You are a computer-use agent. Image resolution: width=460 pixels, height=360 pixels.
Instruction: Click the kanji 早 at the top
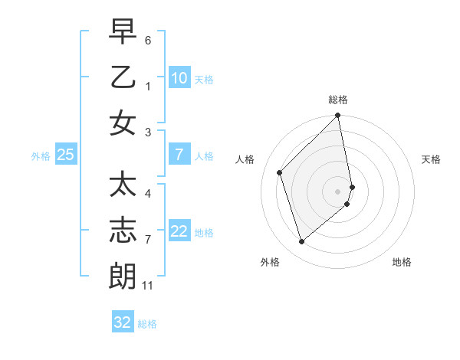(123, 32)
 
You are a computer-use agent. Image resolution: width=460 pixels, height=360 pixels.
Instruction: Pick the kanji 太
(123, 185)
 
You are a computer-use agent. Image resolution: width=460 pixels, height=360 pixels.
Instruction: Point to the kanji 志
(123, 231)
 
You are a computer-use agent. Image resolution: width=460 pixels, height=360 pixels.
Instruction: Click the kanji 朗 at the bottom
(123, 276)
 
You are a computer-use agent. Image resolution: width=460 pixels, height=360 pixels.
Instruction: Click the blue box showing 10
(179, 78)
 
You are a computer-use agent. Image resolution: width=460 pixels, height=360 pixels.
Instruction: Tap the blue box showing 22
(179, 231)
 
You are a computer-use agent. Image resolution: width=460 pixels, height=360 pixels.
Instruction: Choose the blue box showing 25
(65, 155)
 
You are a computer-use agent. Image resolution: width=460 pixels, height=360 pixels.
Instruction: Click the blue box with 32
(123, 322)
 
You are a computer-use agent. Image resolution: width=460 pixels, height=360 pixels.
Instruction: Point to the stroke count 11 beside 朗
(148, 286)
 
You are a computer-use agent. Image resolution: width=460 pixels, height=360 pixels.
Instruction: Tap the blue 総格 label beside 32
(147, 324)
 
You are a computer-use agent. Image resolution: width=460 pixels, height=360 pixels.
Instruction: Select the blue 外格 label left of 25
(41, 156)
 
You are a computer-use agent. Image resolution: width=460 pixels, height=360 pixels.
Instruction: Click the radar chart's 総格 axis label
(338, 100)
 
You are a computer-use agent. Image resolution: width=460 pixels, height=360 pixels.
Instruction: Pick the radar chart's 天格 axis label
(432, 159)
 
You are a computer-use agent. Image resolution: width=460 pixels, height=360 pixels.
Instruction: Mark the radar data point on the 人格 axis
(280, 172)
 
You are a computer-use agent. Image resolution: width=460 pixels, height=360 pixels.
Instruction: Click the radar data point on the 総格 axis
(338, 116)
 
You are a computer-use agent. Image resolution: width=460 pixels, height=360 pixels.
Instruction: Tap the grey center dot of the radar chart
(338, 191)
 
